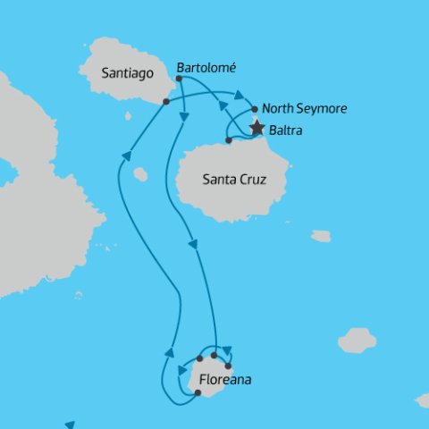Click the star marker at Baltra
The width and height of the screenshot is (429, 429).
[257, 128]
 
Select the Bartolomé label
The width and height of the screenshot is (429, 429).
[207, 67]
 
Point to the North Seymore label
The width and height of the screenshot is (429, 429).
[304, 109]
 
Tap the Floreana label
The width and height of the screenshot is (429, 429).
[225, 380]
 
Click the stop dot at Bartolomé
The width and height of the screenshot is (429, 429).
[180, 79]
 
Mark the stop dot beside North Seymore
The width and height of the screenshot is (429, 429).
[255, 109]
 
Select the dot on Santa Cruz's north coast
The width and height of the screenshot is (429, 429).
[230, 140]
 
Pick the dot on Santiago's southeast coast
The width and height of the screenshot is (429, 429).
[166, 102]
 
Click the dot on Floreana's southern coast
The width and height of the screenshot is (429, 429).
[198, 392]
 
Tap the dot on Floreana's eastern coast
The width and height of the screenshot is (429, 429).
[229, 366]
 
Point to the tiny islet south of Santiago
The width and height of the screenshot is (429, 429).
[128, 115]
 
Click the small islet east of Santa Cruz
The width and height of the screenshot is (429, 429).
[321, 236]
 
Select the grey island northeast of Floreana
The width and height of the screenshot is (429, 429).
[357, 340]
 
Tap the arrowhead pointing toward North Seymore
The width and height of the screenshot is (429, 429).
[240, 94]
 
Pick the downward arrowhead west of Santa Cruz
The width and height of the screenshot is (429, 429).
[191, 241]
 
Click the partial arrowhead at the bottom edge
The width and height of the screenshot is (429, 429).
[69, 425]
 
